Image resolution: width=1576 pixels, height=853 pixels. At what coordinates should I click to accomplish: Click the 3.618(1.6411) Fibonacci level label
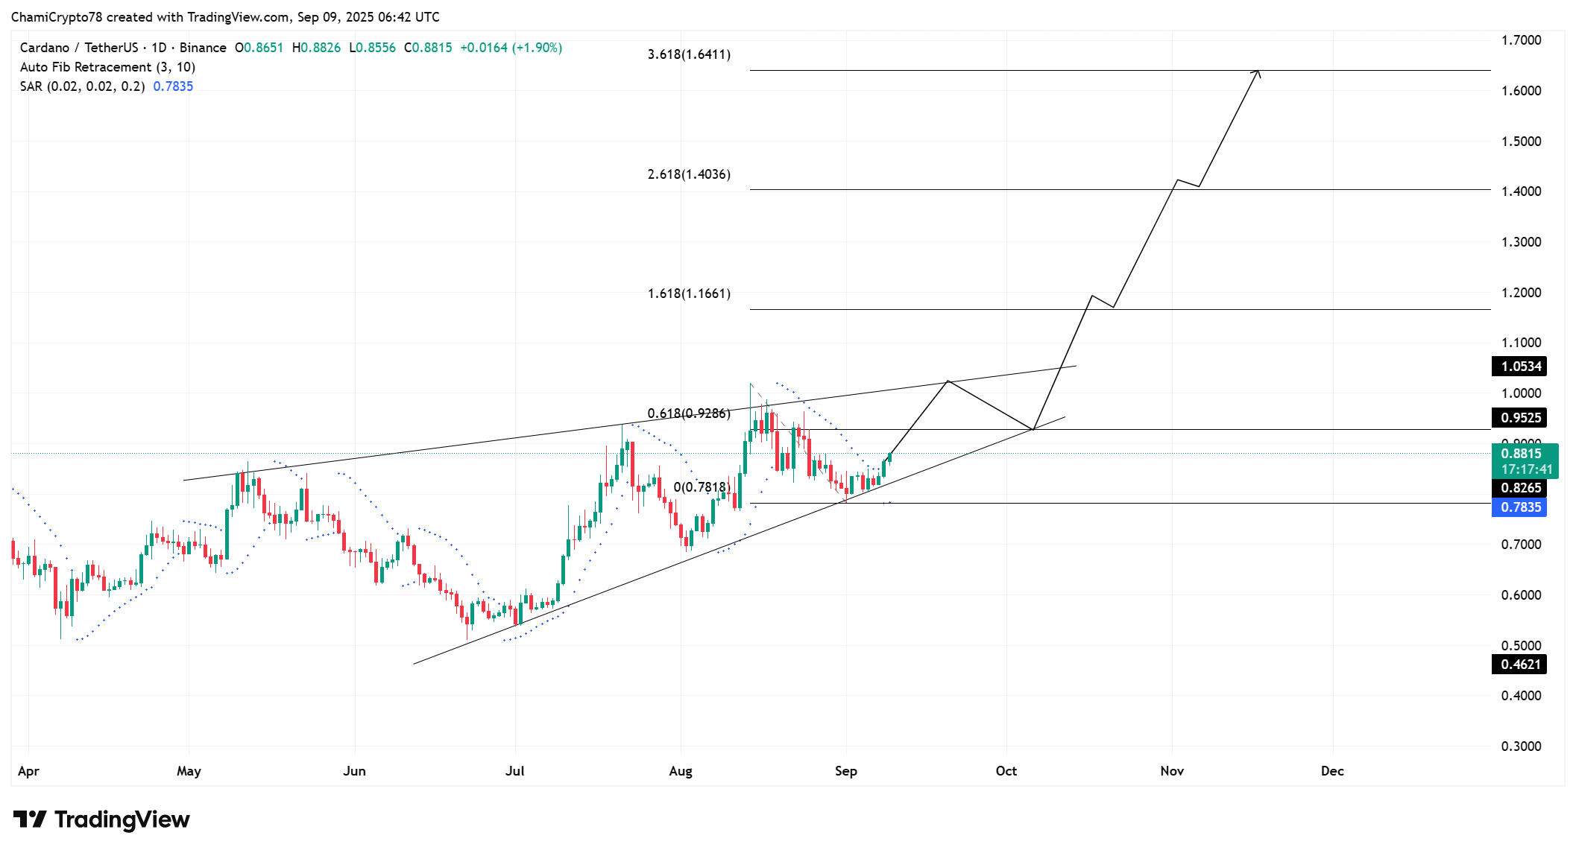point(689,54)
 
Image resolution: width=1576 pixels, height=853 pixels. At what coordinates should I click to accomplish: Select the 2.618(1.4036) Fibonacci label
point(689,174)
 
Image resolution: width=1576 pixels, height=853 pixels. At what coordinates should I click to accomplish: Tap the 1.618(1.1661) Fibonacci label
point(689,294)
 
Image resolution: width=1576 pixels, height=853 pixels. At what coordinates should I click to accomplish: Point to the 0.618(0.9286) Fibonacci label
point(689,413)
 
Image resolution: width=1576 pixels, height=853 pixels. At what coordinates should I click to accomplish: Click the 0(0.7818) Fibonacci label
point(702,487)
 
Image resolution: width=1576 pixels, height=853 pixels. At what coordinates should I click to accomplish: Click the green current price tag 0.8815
point(1521,454)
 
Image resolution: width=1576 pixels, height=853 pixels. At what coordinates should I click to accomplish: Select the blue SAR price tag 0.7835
point(1520,507)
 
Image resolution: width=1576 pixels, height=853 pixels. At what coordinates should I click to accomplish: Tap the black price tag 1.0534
point(1520,367)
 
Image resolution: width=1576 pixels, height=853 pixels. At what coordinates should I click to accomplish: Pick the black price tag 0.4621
point(1520,665)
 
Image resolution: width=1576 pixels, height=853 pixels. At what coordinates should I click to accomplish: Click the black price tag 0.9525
point(1520,418)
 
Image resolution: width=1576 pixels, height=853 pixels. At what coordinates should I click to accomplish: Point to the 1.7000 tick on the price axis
point(1521,40)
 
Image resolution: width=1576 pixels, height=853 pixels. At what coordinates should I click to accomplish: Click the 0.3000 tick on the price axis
point(1521,746)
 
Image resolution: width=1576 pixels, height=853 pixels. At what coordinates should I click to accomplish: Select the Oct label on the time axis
point(1006,771)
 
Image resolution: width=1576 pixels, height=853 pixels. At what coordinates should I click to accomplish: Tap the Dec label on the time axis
point(1332,771)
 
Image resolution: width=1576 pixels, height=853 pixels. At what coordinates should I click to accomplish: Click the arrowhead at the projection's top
point(1258,72)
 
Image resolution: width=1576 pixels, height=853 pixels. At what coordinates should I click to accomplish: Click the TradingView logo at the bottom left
point(101,819)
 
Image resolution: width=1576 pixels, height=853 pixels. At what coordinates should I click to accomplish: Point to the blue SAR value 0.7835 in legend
point(173,86)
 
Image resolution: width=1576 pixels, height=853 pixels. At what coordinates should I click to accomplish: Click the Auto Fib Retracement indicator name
point(86,67)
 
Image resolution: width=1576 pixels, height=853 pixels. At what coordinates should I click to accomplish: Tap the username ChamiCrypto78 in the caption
point(57,17)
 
